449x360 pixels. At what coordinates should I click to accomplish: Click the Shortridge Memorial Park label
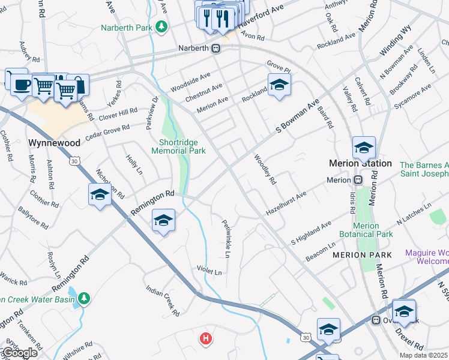point(182,146)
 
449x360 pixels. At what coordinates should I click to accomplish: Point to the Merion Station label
point(360,163)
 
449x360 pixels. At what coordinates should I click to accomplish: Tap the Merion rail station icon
point(358,180)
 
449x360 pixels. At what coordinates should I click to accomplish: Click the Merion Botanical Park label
point(366,229)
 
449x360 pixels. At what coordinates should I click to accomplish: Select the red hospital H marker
point(206,339)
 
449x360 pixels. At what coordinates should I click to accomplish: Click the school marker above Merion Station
point(364,147)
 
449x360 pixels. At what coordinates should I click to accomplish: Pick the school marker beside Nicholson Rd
point(100,194)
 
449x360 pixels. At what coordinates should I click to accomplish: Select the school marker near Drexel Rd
point(404,311)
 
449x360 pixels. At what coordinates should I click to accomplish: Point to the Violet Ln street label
point(209,271)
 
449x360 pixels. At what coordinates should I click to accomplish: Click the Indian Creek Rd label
point(163,301)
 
